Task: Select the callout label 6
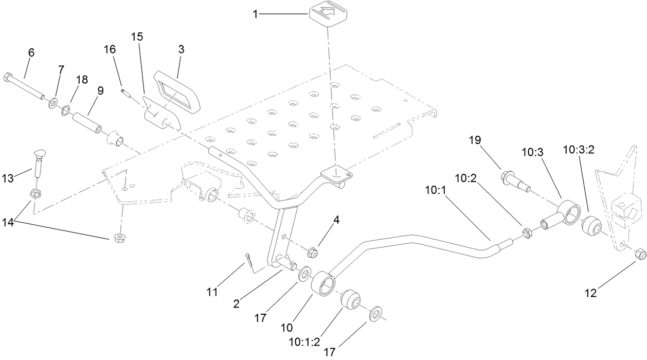tap(31, 52)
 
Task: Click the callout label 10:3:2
tap(579, 150)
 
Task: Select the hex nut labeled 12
tap(640, 254)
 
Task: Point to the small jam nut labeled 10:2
tap(527, 233)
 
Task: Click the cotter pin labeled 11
tap(249, 259)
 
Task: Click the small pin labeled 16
tap(124, 92)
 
